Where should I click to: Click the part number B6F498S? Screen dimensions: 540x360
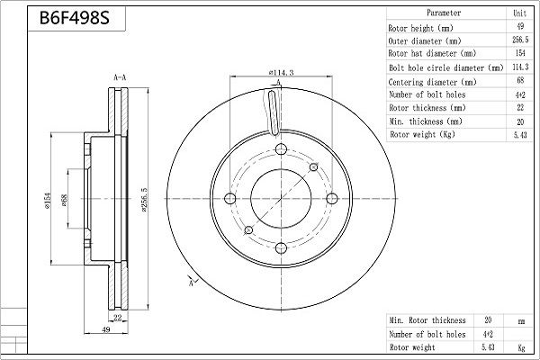(75, 18)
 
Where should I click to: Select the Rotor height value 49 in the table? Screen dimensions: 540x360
(520, 26)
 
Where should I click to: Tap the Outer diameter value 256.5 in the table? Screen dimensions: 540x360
(520, 40)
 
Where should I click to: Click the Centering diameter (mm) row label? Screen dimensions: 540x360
(432, 82)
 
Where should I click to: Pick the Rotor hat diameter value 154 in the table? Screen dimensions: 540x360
(520, 53)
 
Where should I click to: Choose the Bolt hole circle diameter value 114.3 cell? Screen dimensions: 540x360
(520, 67)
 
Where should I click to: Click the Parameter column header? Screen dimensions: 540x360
(444, 13)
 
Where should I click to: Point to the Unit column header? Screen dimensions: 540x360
(519, 13)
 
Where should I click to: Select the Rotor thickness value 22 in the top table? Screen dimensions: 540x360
(520, 107)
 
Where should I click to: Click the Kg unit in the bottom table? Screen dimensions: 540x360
(521, 347)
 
